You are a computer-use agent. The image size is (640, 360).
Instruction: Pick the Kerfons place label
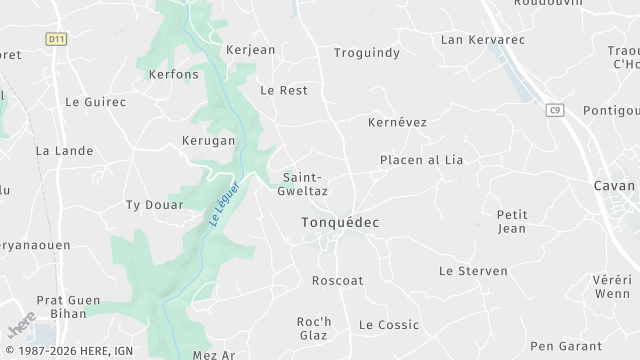click(173, 74)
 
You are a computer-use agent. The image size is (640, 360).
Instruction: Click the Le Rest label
click(283, 90)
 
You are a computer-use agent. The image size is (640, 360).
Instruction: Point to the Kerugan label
click(208, 141)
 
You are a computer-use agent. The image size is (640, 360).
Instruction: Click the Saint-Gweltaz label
click(305, 182)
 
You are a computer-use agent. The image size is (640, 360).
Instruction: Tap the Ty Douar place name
click(154, 205)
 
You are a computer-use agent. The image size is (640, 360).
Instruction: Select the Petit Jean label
click(512, 221)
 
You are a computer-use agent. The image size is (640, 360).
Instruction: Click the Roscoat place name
click(337, 281)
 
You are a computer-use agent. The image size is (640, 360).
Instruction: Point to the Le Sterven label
click(473, 271)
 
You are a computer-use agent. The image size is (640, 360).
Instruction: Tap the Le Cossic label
click(389, 325)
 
